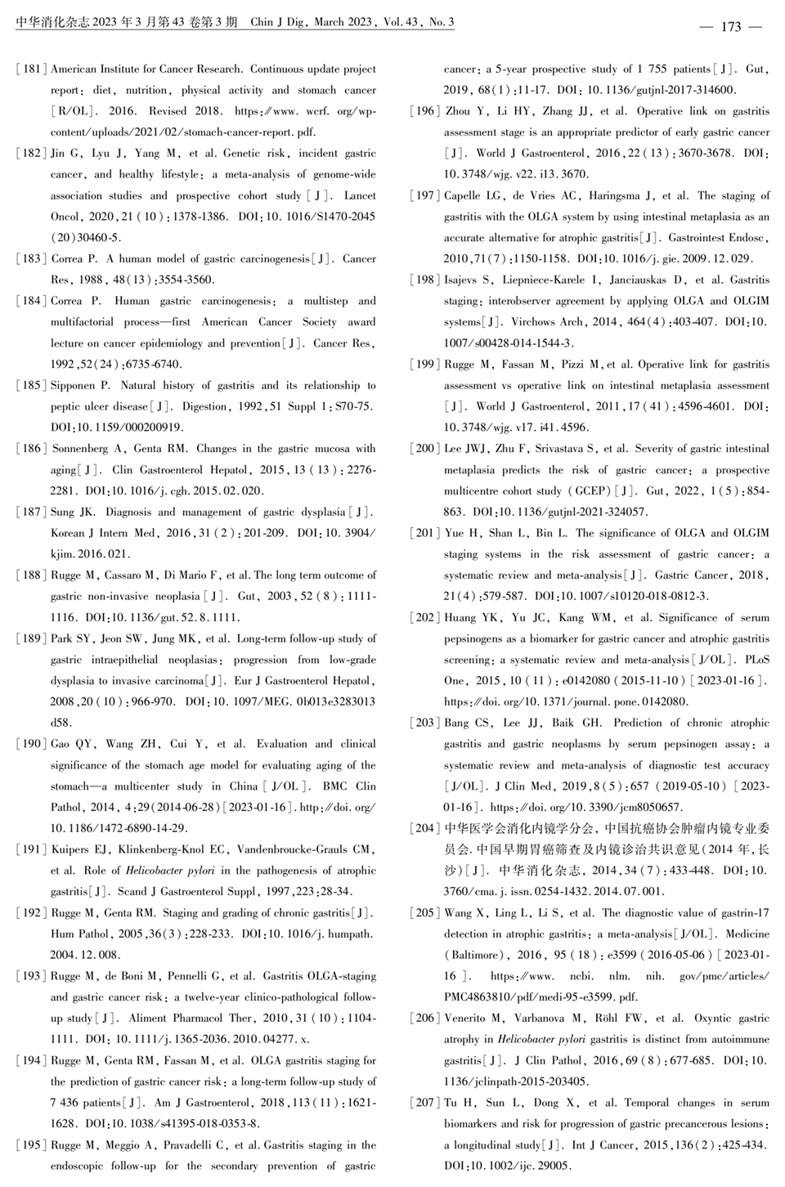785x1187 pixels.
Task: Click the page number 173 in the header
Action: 730,27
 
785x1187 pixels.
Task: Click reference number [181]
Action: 32,69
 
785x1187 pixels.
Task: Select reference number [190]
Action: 32,744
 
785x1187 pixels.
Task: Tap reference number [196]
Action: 425,111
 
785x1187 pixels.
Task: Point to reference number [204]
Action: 425,828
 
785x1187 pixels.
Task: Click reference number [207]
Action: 425,1103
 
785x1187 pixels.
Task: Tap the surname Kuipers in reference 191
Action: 71,849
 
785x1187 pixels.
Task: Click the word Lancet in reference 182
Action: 360,195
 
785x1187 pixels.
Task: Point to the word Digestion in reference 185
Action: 204,406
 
